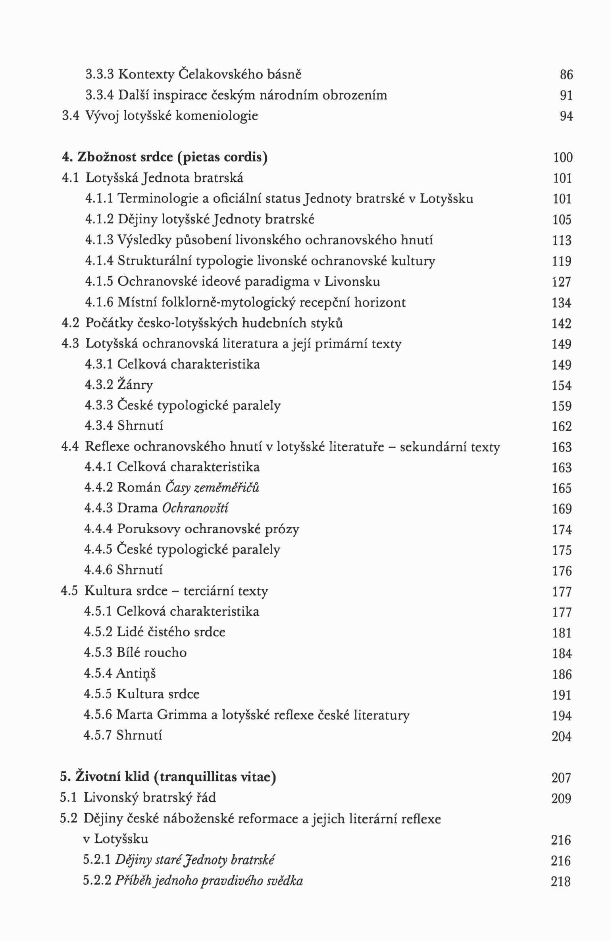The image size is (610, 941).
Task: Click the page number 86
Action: (x=566, y=75)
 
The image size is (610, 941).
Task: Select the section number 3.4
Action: (x=71, y=116)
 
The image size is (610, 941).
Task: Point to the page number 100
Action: (x=563, y=157)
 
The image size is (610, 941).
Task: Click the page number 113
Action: (x=562, y=240)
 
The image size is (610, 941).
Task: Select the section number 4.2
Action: (x=70, y=323)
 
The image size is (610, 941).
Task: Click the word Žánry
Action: (x=135, y=385)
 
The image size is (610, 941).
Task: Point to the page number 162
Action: (x=562, y=426)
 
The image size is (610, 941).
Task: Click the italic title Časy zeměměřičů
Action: (x=212, y=487)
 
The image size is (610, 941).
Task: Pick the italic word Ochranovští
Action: (x=195, y=508)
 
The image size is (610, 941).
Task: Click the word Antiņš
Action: (x=136, y=673)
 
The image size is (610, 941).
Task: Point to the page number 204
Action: (x=561, y=736)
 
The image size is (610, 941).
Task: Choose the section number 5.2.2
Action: (x=97, y=881)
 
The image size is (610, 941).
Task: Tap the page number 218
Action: (x=561, y=881)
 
